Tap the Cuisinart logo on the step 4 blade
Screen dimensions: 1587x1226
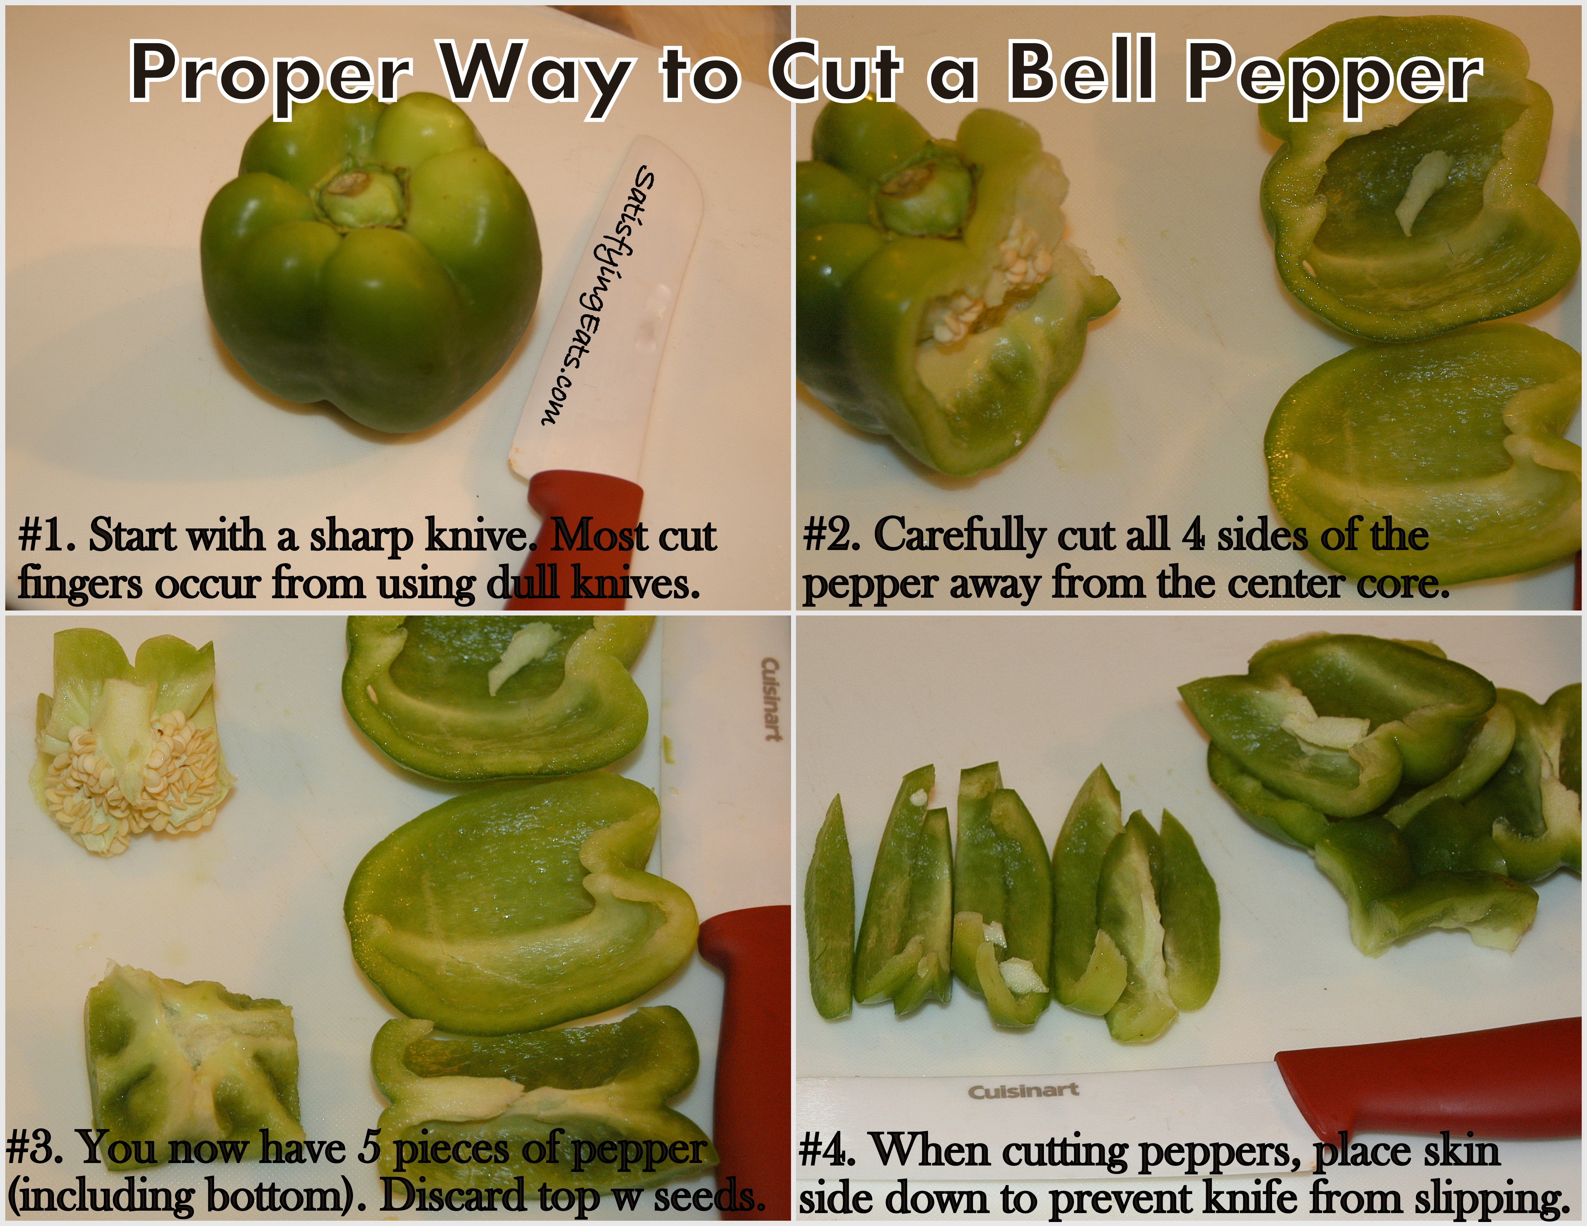click(1023, 1091)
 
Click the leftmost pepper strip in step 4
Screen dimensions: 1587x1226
click(831, 908)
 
